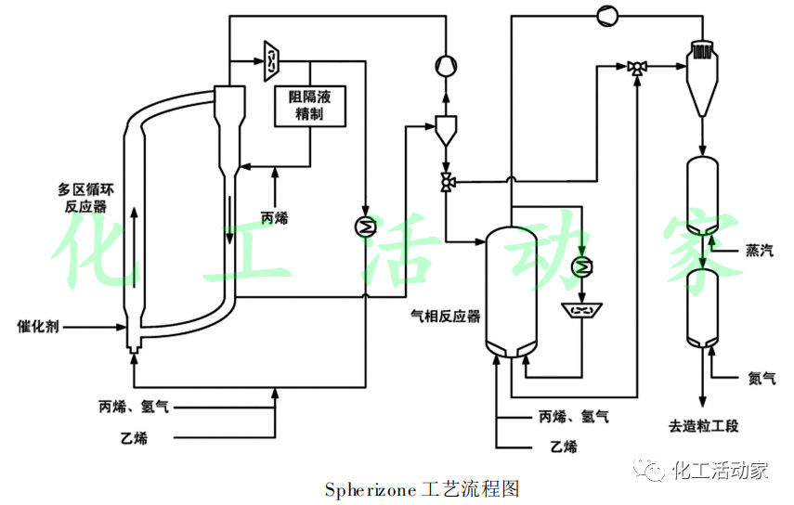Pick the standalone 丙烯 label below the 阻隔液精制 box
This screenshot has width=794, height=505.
(x=275, y=218)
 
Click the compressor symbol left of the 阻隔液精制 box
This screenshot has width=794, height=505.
(x=272, y=59)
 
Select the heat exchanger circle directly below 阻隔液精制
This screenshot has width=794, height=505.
(x=366, y=226)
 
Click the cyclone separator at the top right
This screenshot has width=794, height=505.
(x=703, y=70)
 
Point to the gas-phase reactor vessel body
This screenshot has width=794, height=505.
(x=512, y=288)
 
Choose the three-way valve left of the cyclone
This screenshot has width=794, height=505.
(x=637, y=67)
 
